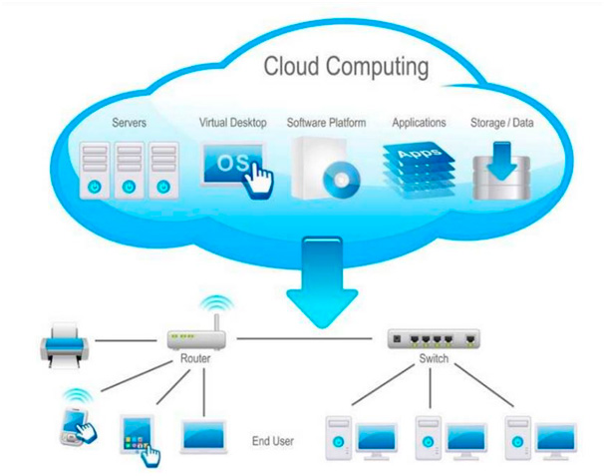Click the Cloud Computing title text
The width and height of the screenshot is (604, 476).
point(346,68)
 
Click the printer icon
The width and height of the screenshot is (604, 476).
point(62,345)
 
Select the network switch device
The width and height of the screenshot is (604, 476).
point(434,338)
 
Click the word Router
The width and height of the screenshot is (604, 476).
point(195,359)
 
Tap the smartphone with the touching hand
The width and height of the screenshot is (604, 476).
point(76,420)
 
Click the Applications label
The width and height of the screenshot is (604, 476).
point(419,123)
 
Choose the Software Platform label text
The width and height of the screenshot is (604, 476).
point(326,123)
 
